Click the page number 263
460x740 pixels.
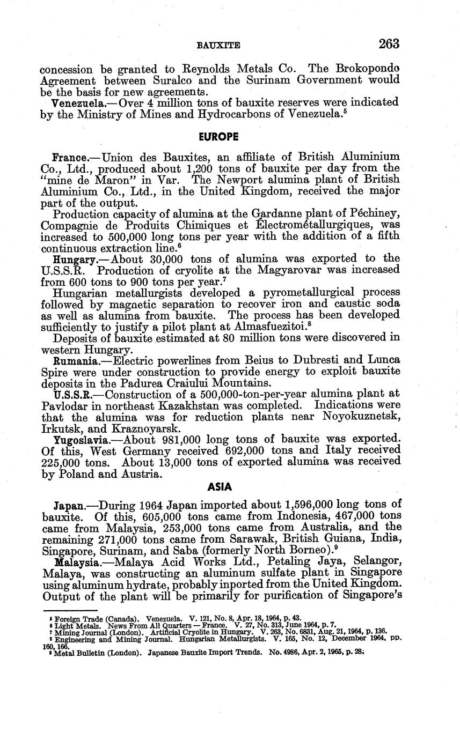[389, 44]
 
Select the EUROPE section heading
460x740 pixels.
[218, 137]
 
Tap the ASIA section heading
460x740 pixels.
[220, 487]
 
